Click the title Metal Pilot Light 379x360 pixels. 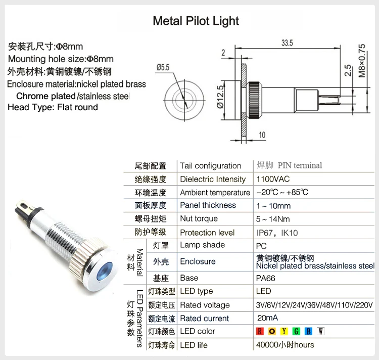[196, 21]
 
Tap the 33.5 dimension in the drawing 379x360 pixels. [288, 43]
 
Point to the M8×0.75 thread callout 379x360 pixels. [361, 60]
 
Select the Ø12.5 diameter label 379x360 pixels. [220, 97]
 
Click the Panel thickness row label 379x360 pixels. [208, 205]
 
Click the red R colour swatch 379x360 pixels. [260, 332]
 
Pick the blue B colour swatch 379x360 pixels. [308, 332]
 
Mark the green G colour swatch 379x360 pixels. [296, 332]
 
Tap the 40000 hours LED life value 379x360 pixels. [285, 345]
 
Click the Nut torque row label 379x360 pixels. [199, 219]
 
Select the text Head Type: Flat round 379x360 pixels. [53, 107]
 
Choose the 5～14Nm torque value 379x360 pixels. [273, 219]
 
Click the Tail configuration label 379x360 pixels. [210, 165]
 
